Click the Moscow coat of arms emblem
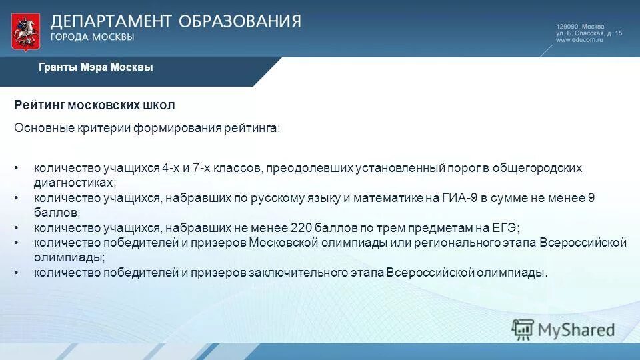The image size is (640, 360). tap(25, 31)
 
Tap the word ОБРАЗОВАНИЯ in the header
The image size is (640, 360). tap(239, 21)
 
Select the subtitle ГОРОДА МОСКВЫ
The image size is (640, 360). tap(93, 37)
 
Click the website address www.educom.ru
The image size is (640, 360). tap(579, 40)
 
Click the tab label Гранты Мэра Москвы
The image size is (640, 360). tap(95, 67)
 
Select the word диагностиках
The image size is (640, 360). tap(74, 182)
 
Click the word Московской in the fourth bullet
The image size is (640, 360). tap(285, 242)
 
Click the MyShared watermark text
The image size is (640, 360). tap(577, 329)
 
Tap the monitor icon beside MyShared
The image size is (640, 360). tap(523, 328)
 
